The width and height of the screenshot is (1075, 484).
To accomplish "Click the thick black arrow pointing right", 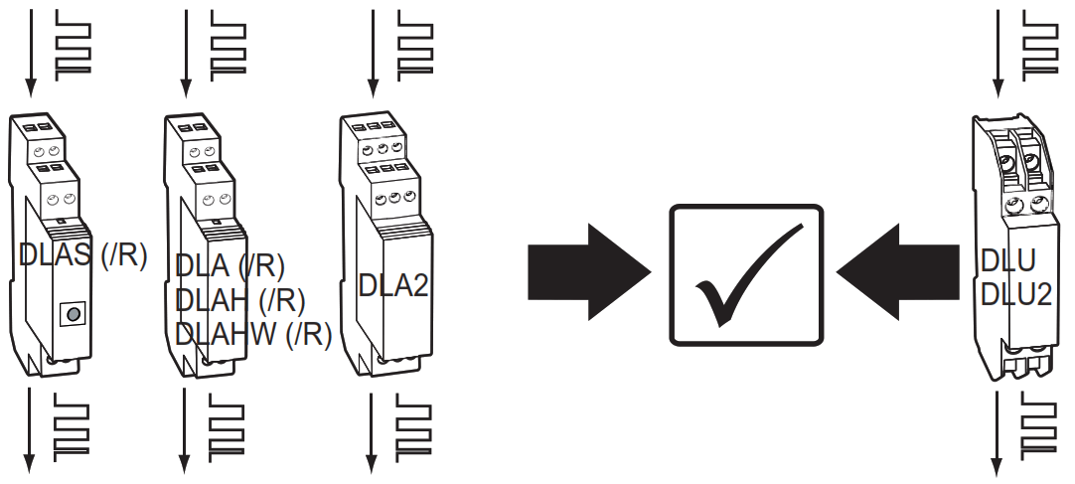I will coord(586,271).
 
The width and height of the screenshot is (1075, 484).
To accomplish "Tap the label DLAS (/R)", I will coord(82,255).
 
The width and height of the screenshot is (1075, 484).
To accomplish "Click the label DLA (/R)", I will coord(230,266).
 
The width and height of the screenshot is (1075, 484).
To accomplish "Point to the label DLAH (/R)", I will coord(239,299).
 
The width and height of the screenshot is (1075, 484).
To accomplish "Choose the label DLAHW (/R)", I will coord(252,334).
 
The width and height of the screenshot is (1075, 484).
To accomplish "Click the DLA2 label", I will coord(392,286).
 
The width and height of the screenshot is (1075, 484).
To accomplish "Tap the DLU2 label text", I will coord(1015,293).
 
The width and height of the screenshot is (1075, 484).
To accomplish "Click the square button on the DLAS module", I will coord(71,316).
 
